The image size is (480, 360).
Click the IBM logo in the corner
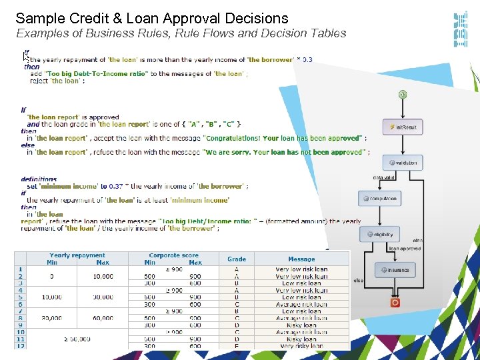[460, 29]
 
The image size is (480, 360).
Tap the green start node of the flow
[403, 94]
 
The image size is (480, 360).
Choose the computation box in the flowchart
[379, 198]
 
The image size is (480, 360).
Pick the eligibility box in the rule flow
[379, 234]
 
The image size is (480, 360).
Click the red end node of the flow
[395, 302]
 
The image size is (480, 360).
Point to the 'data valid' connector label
[385, 178]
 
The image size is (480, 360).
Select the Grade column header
[237, 259]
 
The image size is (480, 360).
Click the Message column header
[301, 259]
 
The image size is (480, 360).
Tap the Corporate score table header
[173, 255]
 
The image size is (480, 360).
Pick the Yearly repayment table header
[77, 255]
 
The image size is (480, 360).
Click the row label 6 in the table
[20, 304]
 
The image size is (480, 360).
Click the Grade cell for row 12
[237, 346]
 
